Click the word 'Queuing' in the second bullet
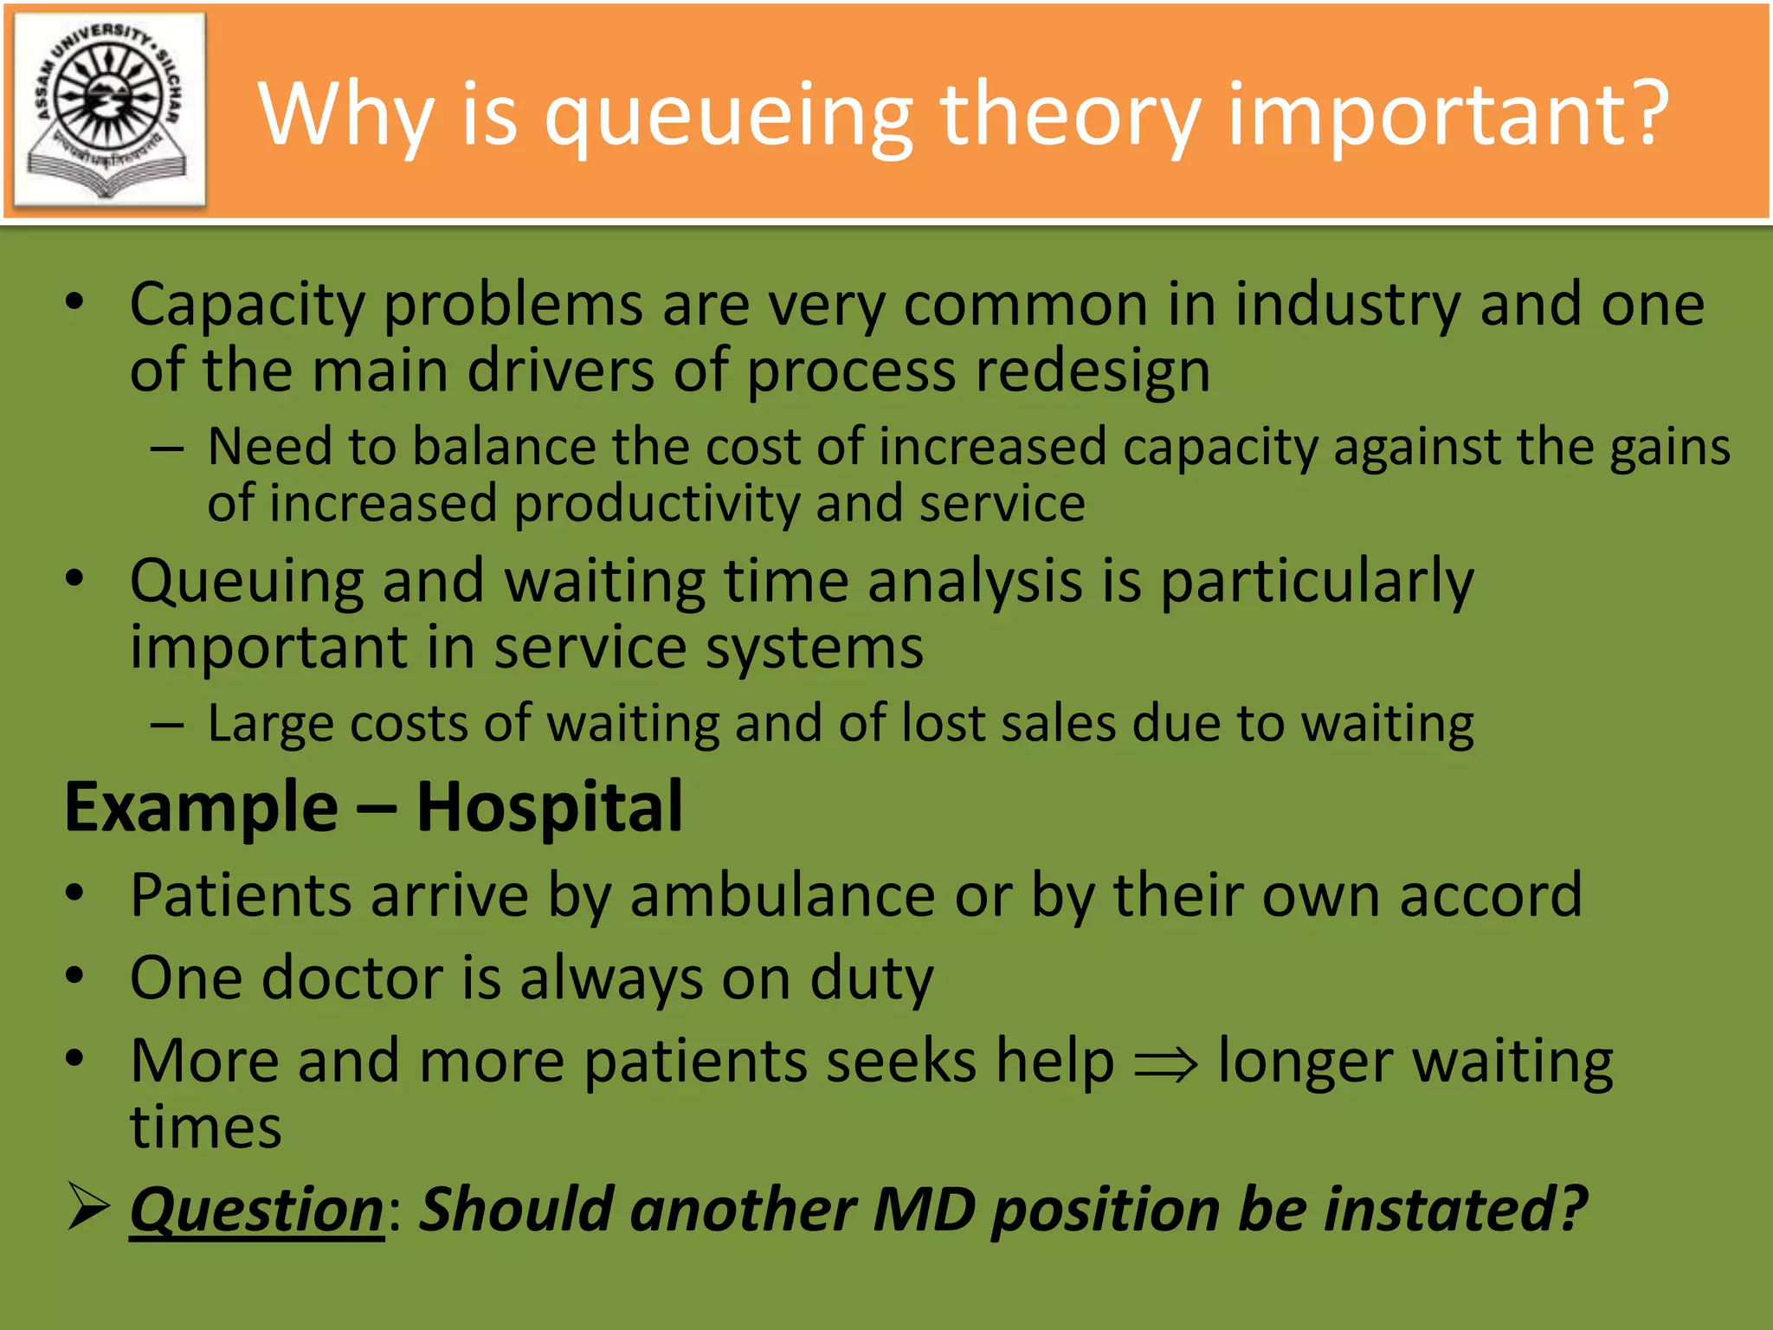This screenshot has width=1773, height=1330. [247, 583]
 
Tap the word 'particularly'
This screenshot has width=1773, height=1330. [1317, 583]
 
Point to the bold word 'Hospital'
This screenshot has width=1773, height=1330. [549, 807]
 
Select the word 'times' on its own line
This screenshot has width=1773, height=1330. [206, 1128]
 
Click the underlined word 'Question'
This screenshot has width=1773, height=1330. [256, 1210]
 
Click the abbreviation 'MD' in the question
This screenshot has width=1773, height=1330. [924, 1210]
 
